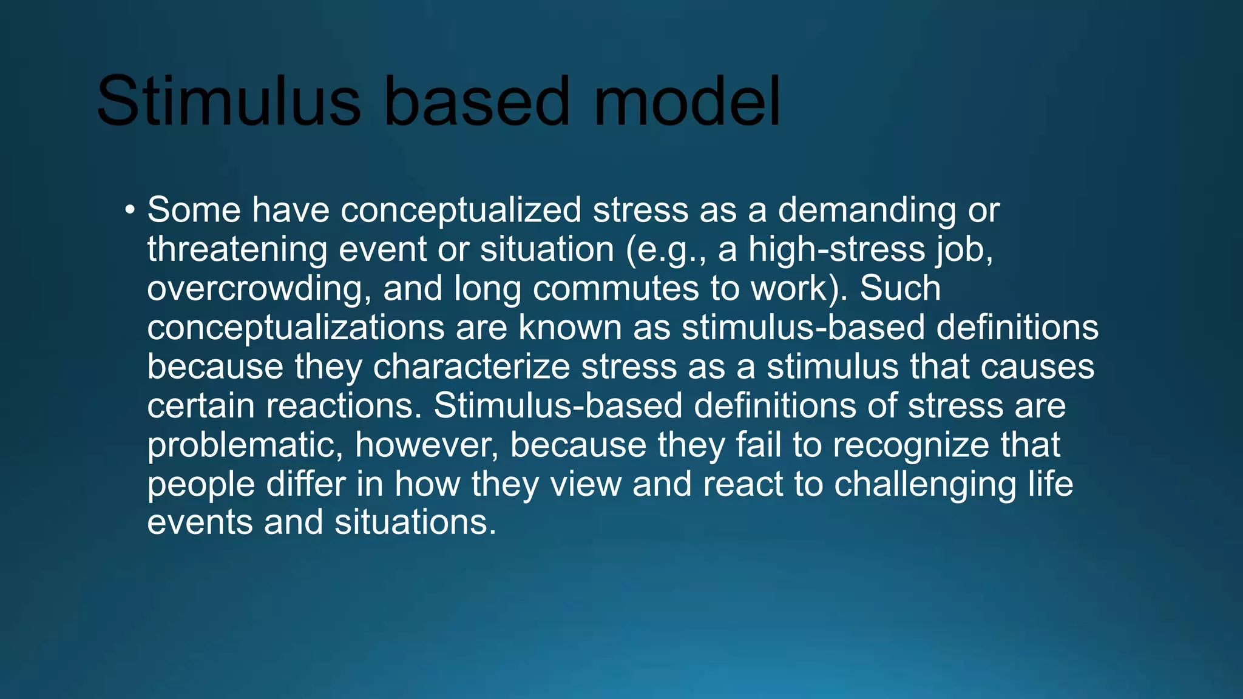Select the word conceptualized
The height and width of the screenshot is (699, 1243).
click(461, 211)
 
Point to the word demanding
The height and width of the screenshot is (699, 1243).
click(867, 211)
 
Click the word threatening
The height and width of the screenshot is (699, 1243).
click(237, 249)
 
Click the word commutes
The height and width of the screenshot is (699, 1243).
click(615, 289)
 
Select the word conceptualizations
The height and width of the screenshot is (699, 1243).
click(296, 328)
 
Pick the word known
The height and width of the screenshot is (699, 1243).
click(570, 328)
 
